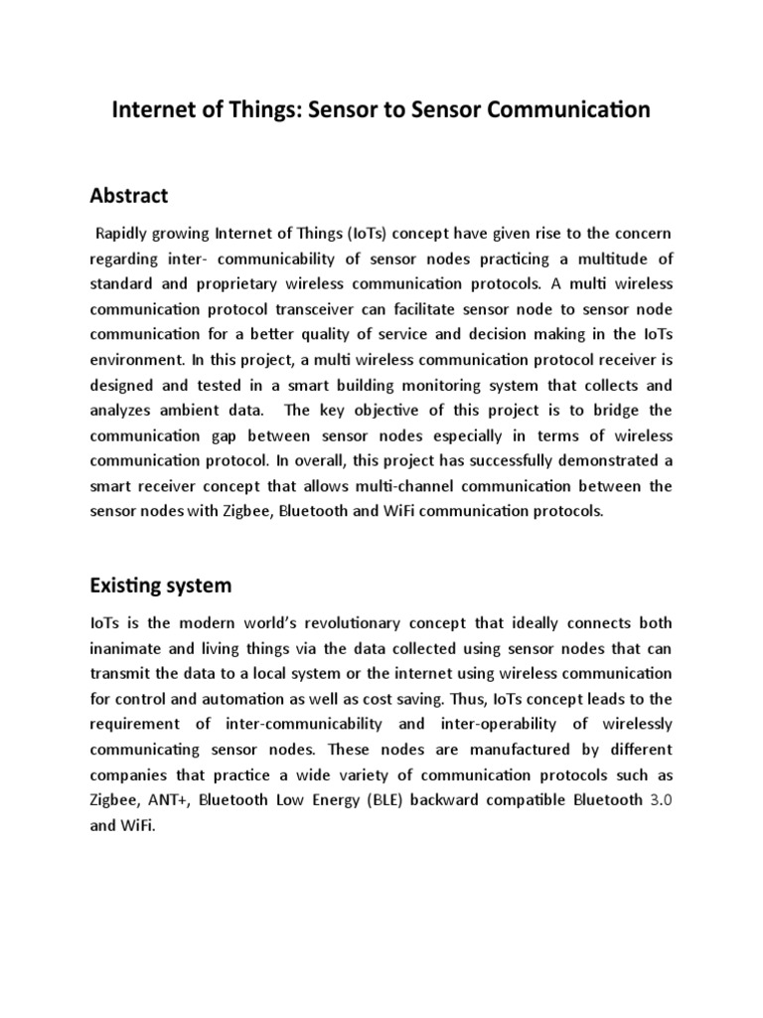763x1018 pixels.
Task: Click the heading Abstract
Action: (129, 194)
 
